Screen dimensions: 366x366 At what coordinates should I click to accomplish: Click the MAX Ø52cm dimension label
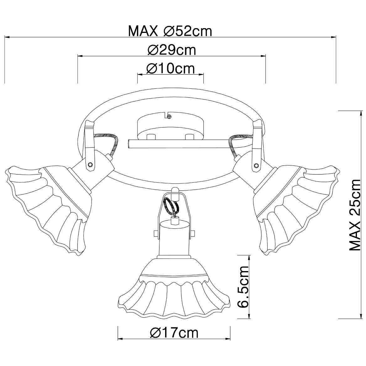[170, 31]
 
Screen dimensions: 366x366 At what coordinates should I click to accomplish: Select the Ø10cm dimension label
[171, 68]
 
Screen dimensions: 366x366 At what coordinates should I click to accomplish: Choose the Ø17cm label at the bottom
[174, 332]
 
